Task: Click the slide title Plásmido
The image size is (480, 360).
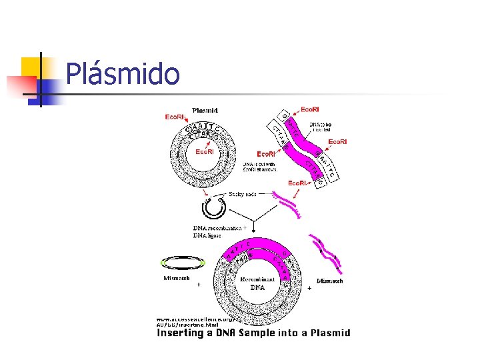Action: [x=123, y=74]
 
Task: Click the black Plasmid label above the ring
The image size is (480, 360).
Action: [x=208, y=111]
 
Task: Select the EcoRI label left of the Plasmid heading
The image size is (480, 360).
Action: [x=175, y=117]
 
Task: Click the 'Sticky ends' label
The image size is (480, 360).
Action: [x=242, y=194]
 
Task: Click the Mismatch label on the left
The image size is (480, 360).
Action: [x=176, y=278]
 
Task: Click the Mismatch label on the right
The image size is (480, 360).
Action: [x=330, y=281]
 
